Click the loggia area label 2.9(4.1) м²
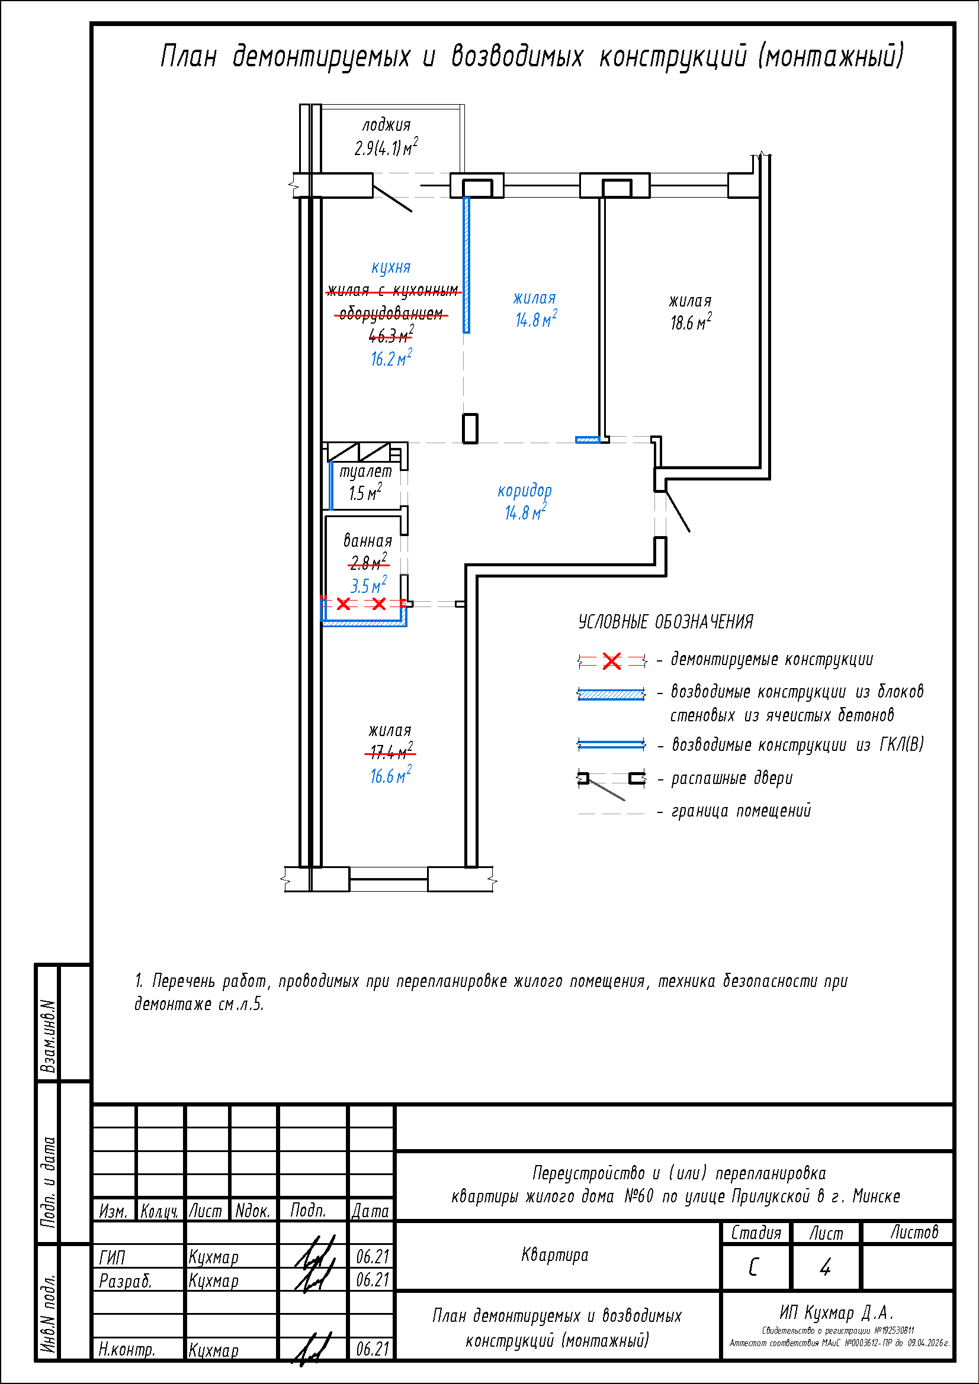[x=386, y=148]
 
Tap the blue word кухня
[x=391, y=267]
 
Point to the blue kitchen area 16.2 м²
[x=391, y=359]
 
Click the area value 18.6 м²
[x=691, y=322]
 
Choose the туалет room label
[x=365, y=472]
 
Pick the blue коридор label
[x=524, y=491]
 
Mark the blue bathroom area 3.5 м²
[x=368, y=585]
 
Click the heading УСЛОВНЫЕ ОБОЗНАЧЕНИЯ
[x=665, y=622]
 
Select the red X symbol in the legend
[x=611, y=662]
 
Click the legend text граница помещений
[x=741, y=811]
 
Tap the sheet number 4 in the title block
[x=825, y=1268]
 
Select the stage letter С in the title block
[x=753, y=1268]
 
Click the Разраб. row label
[x=126, y=1281]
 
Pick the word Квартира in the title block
[x=554, y=1255]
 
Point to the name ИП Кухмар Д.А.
[x=836, y=1313]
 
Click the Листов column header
[x=914, y=1233]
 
